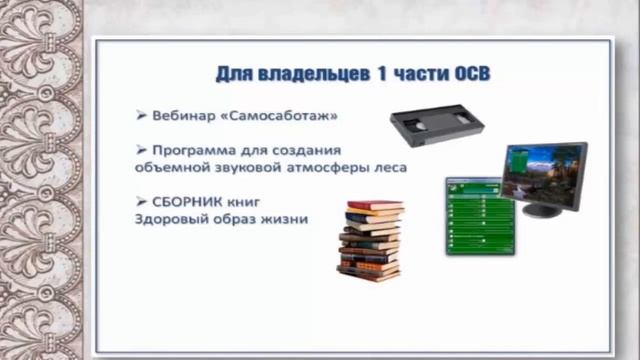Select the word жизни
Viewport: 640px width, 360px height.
coord(287,219)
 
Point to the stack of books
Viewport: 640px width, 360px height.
coord(371,241)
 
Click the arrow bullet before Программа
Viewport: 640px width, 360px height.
coord(141,150)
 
